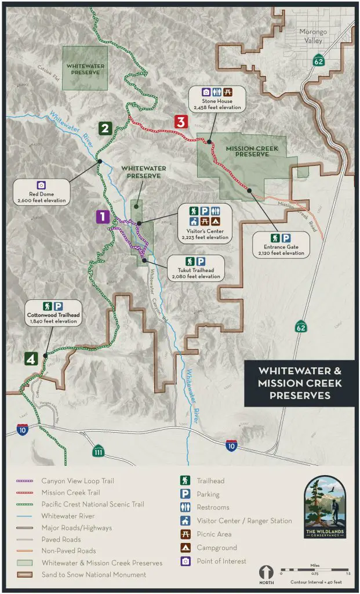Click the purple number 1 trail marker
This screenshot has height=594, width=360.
coord(102,217)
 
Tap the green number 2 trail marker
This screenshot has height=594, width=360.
coord(105,128)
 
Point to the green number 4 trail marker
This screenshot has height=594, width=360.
coord(31,359)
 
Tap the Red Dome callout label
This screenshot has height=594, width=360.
coord(42,193)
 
